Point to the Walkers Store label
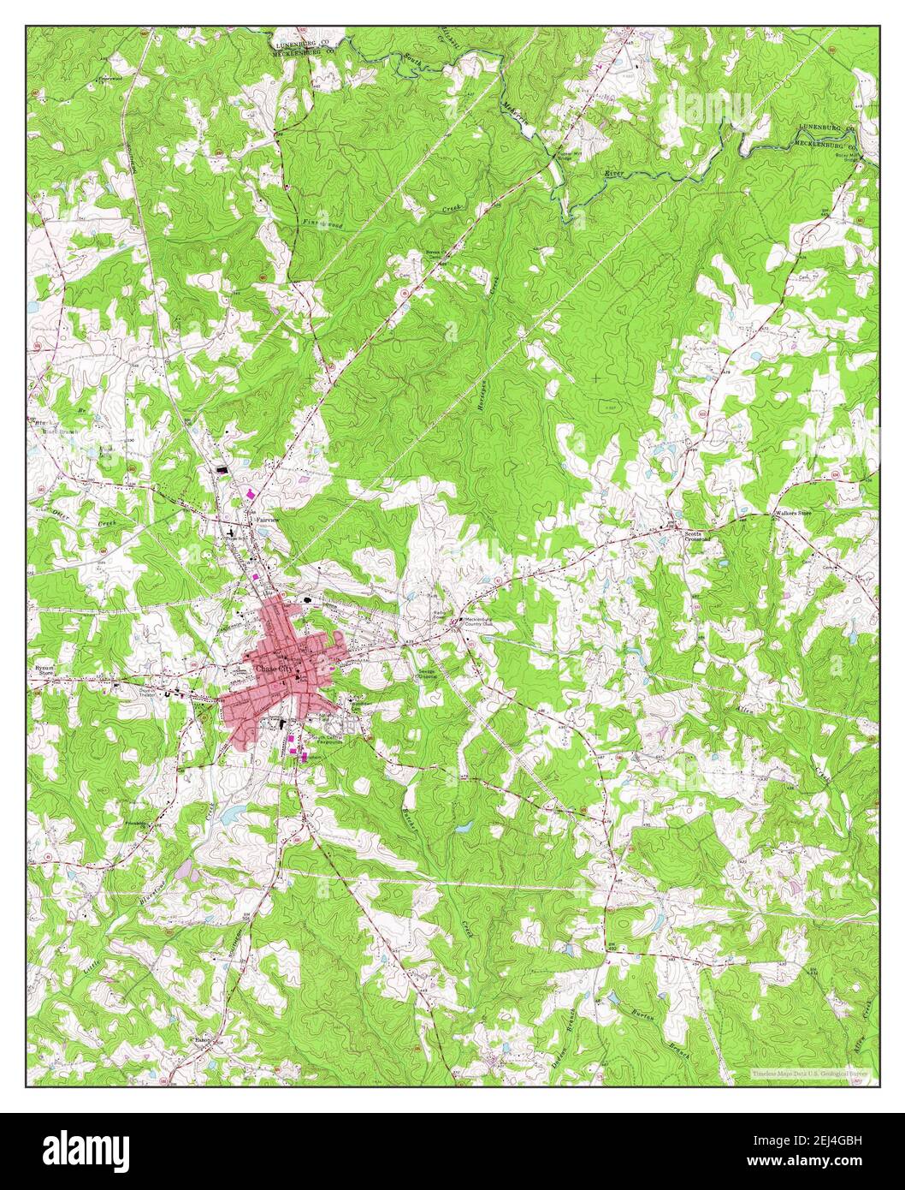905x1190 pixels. tap(792, 514)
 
